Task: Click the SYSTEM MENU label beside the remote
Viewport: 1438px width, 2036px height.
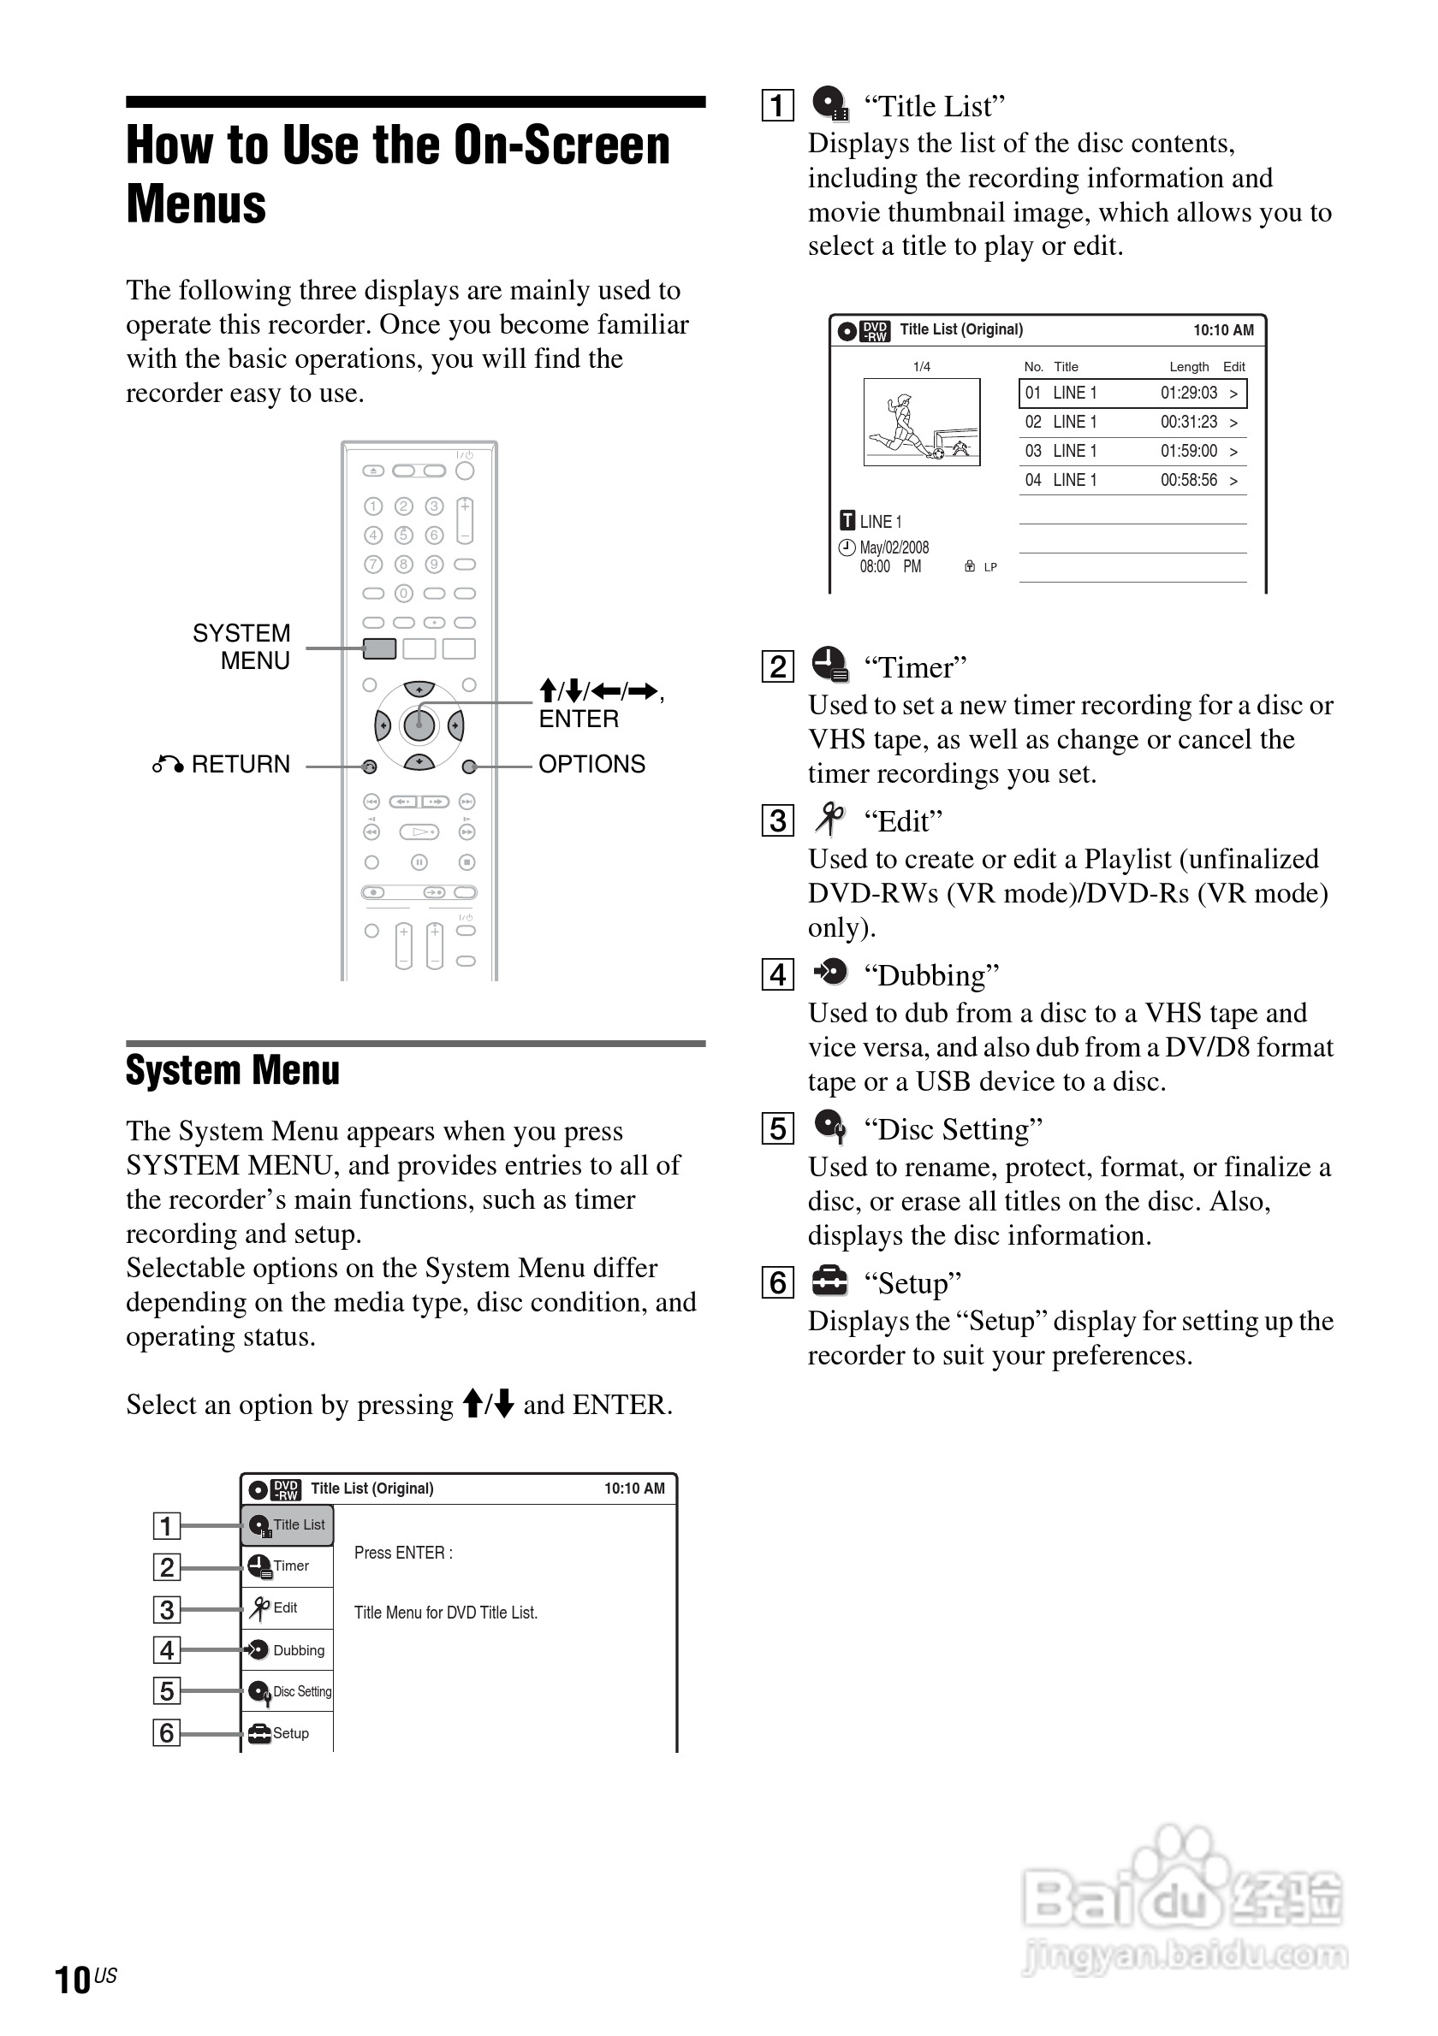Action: [241, 647]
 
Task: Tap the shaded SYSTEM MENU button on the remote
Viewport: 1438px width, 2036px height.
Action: [380, 648]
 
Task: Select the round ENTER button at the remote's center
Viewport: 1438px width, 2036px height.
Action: [419, 725]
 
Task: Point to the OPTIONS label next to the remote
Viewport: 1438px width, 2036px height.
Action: [591, 765]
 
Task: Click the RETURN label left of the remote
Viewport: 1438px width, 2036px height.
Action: [240, 765]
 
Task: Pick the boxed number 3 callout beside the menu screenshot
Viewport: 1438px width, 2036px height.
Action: [167, 1609]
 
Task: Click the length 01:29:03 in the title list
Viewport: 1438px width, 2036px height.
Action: [1189, 393]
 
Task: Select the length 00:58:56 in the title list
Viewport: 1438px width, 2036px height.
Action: [1189, 481]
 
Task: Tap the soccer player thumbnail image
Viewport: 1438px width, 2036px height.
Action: [922, 422]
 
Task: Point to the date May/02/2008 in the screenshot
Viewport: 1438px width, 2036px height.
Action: [894, 548]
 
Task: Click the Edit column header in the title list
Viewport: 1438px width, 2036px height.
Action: [1234, 367]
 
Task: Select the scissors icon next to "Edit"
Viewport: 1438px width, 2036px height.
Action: [829, 819]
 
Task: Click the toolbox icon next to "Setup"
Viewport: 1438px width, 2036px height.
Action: [830, 1281]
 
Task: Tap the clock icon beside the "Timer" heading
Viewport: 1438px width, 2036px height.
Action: [829, 664]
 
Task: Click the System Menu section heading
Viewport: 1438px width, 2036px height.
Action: [233, 1070]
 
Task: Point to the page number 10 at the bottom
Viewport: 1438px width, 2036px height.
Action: [73, 1980]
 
